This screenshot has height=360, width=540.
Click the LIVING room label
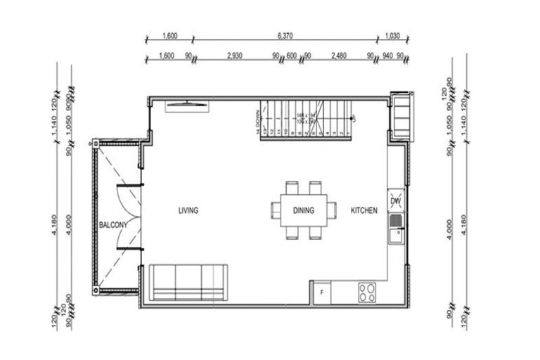pos(188,210)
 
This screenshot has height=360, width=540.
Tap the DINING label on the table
pos(303,210)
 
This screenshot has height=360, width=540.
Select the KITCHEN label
pos(364,210)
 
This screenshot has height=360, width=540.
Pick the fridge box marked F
pos(322,292)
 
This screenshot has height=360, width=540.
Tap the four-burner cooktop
pos(366,292)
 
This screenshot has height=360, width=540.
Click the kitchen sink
pos(395,230)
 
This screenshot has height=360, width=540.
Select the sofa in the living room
pos(188,283)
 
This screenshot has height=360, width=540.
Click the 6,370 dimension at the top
pos(285,34)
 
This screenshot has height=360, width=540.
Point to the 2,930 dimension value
pos(235,56)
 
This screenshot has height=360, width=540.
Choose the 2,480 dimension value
pos(338,56)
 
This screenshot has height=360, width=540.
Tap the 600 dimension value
pos(292,56)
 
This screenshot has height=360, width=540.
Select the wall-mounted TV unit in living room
pos(187,106)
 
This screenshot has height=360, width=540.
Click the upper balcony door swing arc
pos(129,199)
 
